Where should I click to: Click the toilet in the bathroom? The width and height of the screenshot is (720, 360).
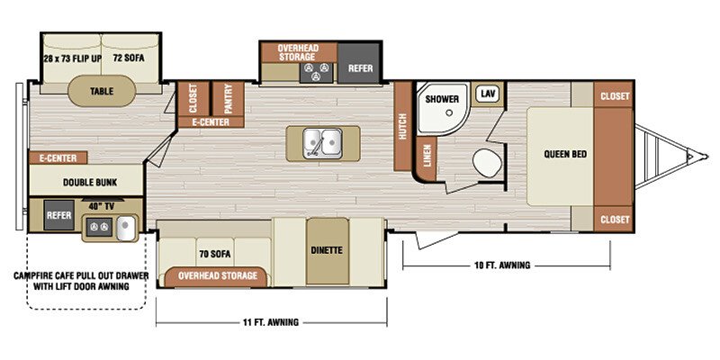[487, 163]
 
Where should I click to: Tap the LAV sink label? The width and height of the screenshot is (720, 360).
[487, 94]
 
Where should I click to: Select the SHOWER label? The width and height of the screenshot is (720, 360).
[442, 99]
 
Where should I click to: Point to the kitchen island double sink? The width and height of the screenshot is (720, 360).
[322, 144]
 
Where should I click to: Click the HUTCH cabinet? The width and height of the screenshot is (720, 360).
[402, 126]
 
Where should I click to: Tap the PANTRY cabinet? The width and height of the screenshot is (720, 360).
[229, 99]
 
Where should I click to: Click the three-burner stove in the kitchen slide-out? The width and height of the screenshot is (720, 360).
[317, 73]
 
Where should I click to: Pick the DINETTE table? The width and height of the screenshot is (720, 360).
[327, 251]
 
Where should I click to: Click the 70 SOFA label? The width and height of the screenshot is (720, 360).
[215, 254]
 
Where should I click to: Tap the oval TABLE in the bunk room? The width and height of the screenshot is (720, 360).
[102, 91]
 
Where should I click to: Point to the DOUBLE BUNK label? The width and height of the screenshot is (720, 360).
[90, 183]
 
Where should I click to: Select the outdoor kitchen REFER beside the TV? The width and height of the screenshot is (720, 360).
[59, 215]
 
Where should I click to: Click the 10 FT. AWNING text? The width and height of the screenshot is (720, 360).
[502, 265]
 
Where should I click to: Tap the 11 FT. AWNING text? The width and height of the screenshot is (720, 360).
[271, 322]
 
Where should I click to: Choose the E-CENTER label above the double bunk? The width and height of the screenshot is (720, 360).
[58, 158]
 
